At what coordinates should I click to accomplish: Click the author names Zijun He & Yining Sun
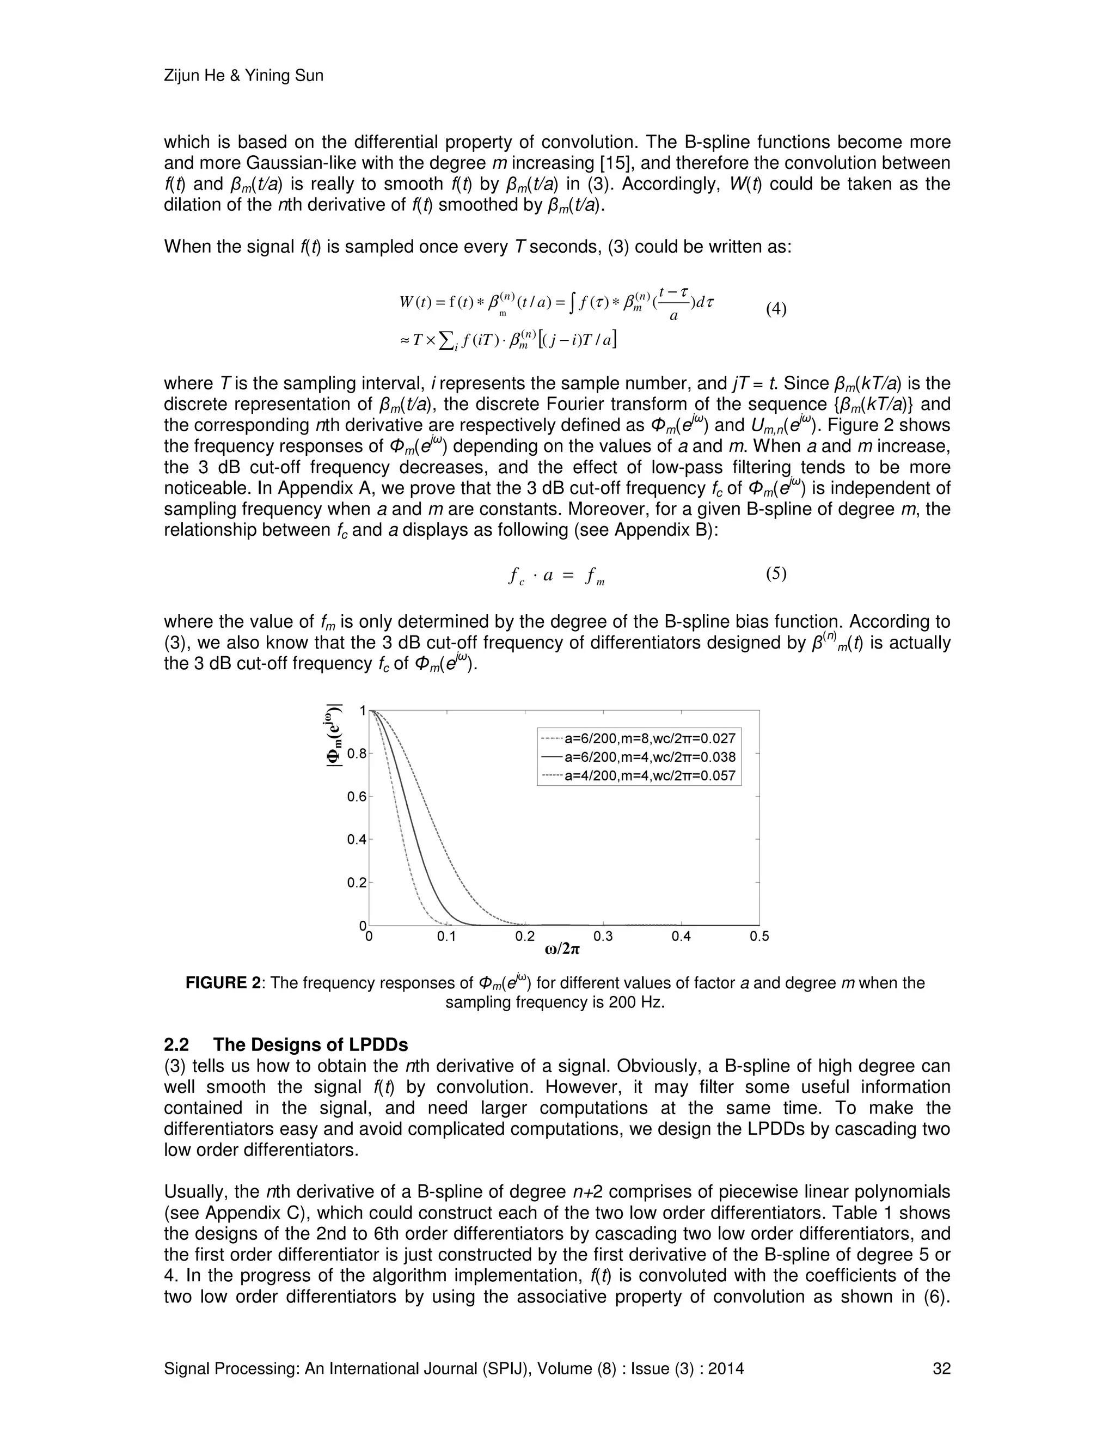[x=243, y=76]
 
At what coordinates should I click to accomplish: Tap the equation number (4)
[x=776, y=309]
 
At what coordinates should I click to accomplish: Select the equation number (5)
[x=776, y=573]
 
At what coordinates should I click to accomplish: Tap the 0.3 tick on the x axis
[x=603, y=936]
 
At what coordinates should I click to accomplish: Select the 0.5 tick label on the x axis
[x=759, y=936]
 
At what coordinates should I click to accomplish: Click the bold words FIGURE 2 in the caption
[x=223, y=983]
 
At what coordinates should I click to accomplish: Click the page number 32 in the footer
[x=941, y=1369]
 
